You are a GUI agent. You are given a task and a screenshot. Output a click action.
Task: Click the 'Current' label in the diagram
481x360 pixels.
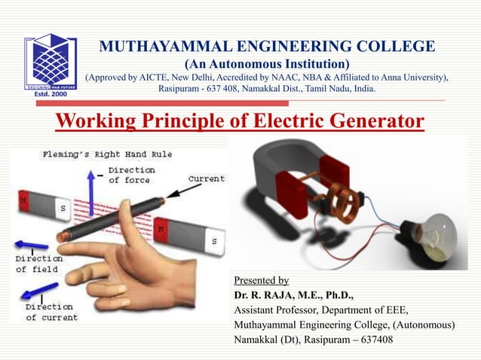(206, 179)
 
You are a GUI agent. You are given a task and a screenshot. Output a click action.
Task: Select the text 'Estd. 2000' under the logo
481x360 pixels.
(49, 96)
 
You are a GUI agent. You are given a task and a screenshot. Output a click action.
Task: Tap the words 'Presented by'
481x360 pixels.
(262, 280)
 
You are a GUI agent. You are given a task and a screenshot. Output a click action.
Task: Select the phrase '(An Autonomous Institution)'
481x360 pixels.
(267, 63)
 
